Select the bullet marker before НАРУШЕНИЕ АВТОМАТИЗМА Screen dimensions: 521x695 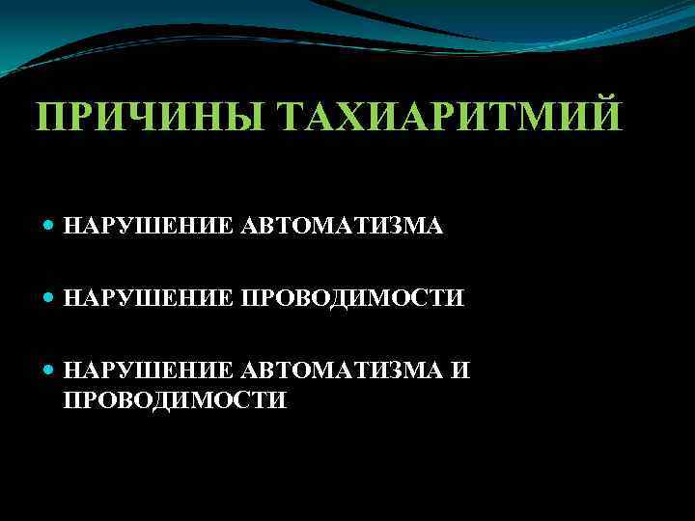(50, 226)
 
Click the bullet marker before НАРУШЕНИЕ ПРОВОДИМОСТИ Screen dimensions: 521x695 (50, 298)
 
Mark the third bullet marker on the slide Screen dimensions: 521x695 (50, 370)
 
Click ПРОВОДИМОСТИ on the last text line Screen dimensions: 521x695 (175, 399)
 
